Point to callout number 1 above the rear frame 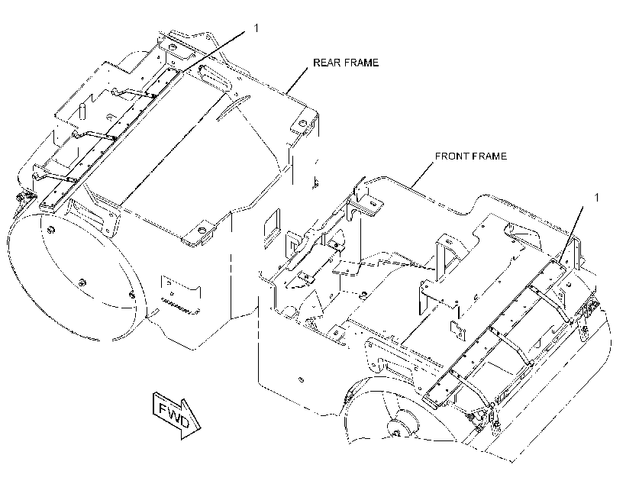click(257, 28)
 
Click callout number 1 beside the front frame click(597, 198)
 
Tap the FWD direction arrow click(176, 415)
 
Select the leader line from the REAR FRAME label click(297, 81)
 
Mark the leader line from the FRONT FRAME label click(423, 175)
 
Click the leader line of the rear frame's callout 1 click(214, 52)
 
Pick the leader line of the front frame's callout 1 click(571, 235)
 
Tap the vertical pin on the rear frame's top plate click(82, 111)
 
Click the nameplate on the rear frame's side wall click(181, 289)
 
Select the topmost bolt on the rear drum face click(51, 230)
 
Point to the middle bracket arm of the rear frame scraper click(94, 135)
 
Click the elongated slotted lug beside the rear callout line click(215, 79)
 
